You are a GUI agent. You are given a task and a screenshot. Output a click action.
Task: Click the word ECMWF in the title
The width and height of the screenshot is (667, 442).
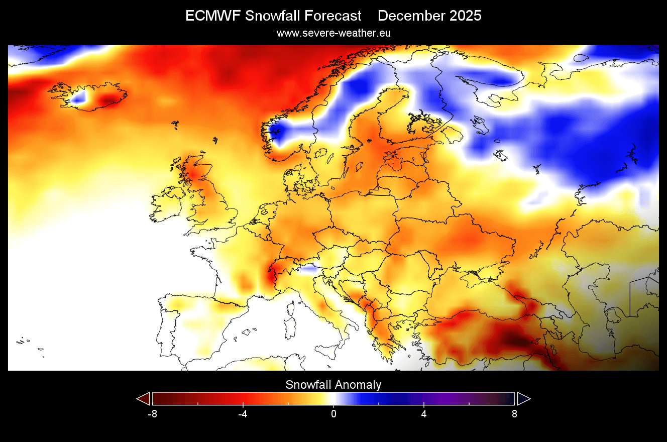(x=213, y=16)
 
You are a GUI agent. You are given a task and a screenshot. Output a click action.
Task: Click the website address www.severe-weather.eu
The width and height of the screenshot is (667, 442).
(x=333, y=33)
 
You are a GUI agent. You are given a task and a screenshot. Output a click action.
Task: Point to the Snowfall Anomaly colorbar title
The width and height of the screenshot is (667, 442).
(x=333, y=385)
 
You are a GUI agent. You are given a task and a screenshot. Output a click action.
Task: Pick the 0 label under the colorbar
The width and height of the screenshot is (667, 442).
(x=333, y=414)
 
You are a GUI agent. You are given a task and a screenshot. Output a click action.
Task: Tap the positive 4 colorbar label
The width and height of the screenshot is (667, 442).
(x=424, y=414)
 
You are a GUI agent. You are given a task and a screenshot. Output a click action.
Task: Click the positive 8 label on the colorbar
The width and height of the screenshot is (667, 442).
(x=514, y=414)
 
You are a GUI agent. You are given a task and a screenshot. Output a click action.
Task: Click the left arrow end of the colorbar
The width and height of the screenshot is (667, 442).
(x=143, y=399)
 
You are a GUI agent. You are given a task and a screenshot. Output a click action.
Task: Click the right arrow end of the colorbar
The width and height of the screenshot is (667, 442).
(x=523, y=399)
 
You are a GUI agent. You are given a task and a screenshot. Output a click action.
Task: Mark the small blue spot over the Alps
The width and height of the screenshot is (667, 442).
(x=309, y=270)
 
